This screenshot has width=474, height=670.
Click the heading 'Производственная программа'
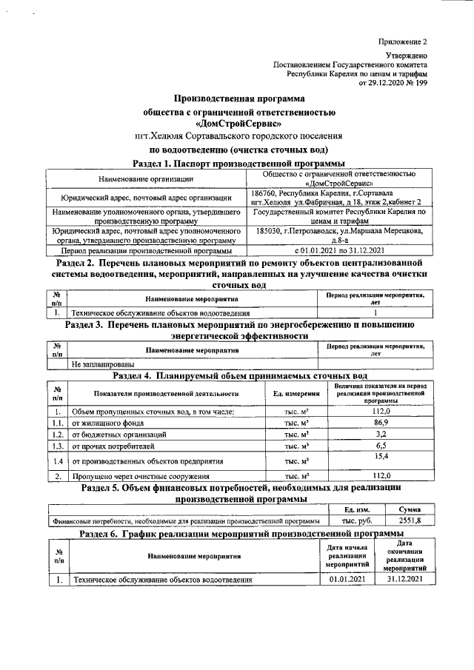[238, 98]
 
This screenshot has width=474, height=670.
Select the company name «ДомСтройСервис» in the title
[238, 124]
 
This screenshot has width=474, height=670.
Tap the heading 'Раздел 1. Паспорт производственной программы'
[238, 163]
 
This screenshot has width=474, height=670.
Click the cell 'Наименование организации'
[145, 178]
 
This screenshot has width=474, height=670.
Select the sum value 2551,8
[409, 520]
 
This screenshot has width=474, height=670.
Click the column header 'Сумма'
[409, 509]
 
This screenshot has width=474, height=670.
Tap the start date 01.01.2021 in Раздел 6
[347, 579]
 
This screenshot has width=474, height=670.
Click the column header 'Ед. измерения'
[296, 393]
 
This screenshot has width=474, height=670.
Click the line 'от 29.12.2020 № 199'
[393, 83]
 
